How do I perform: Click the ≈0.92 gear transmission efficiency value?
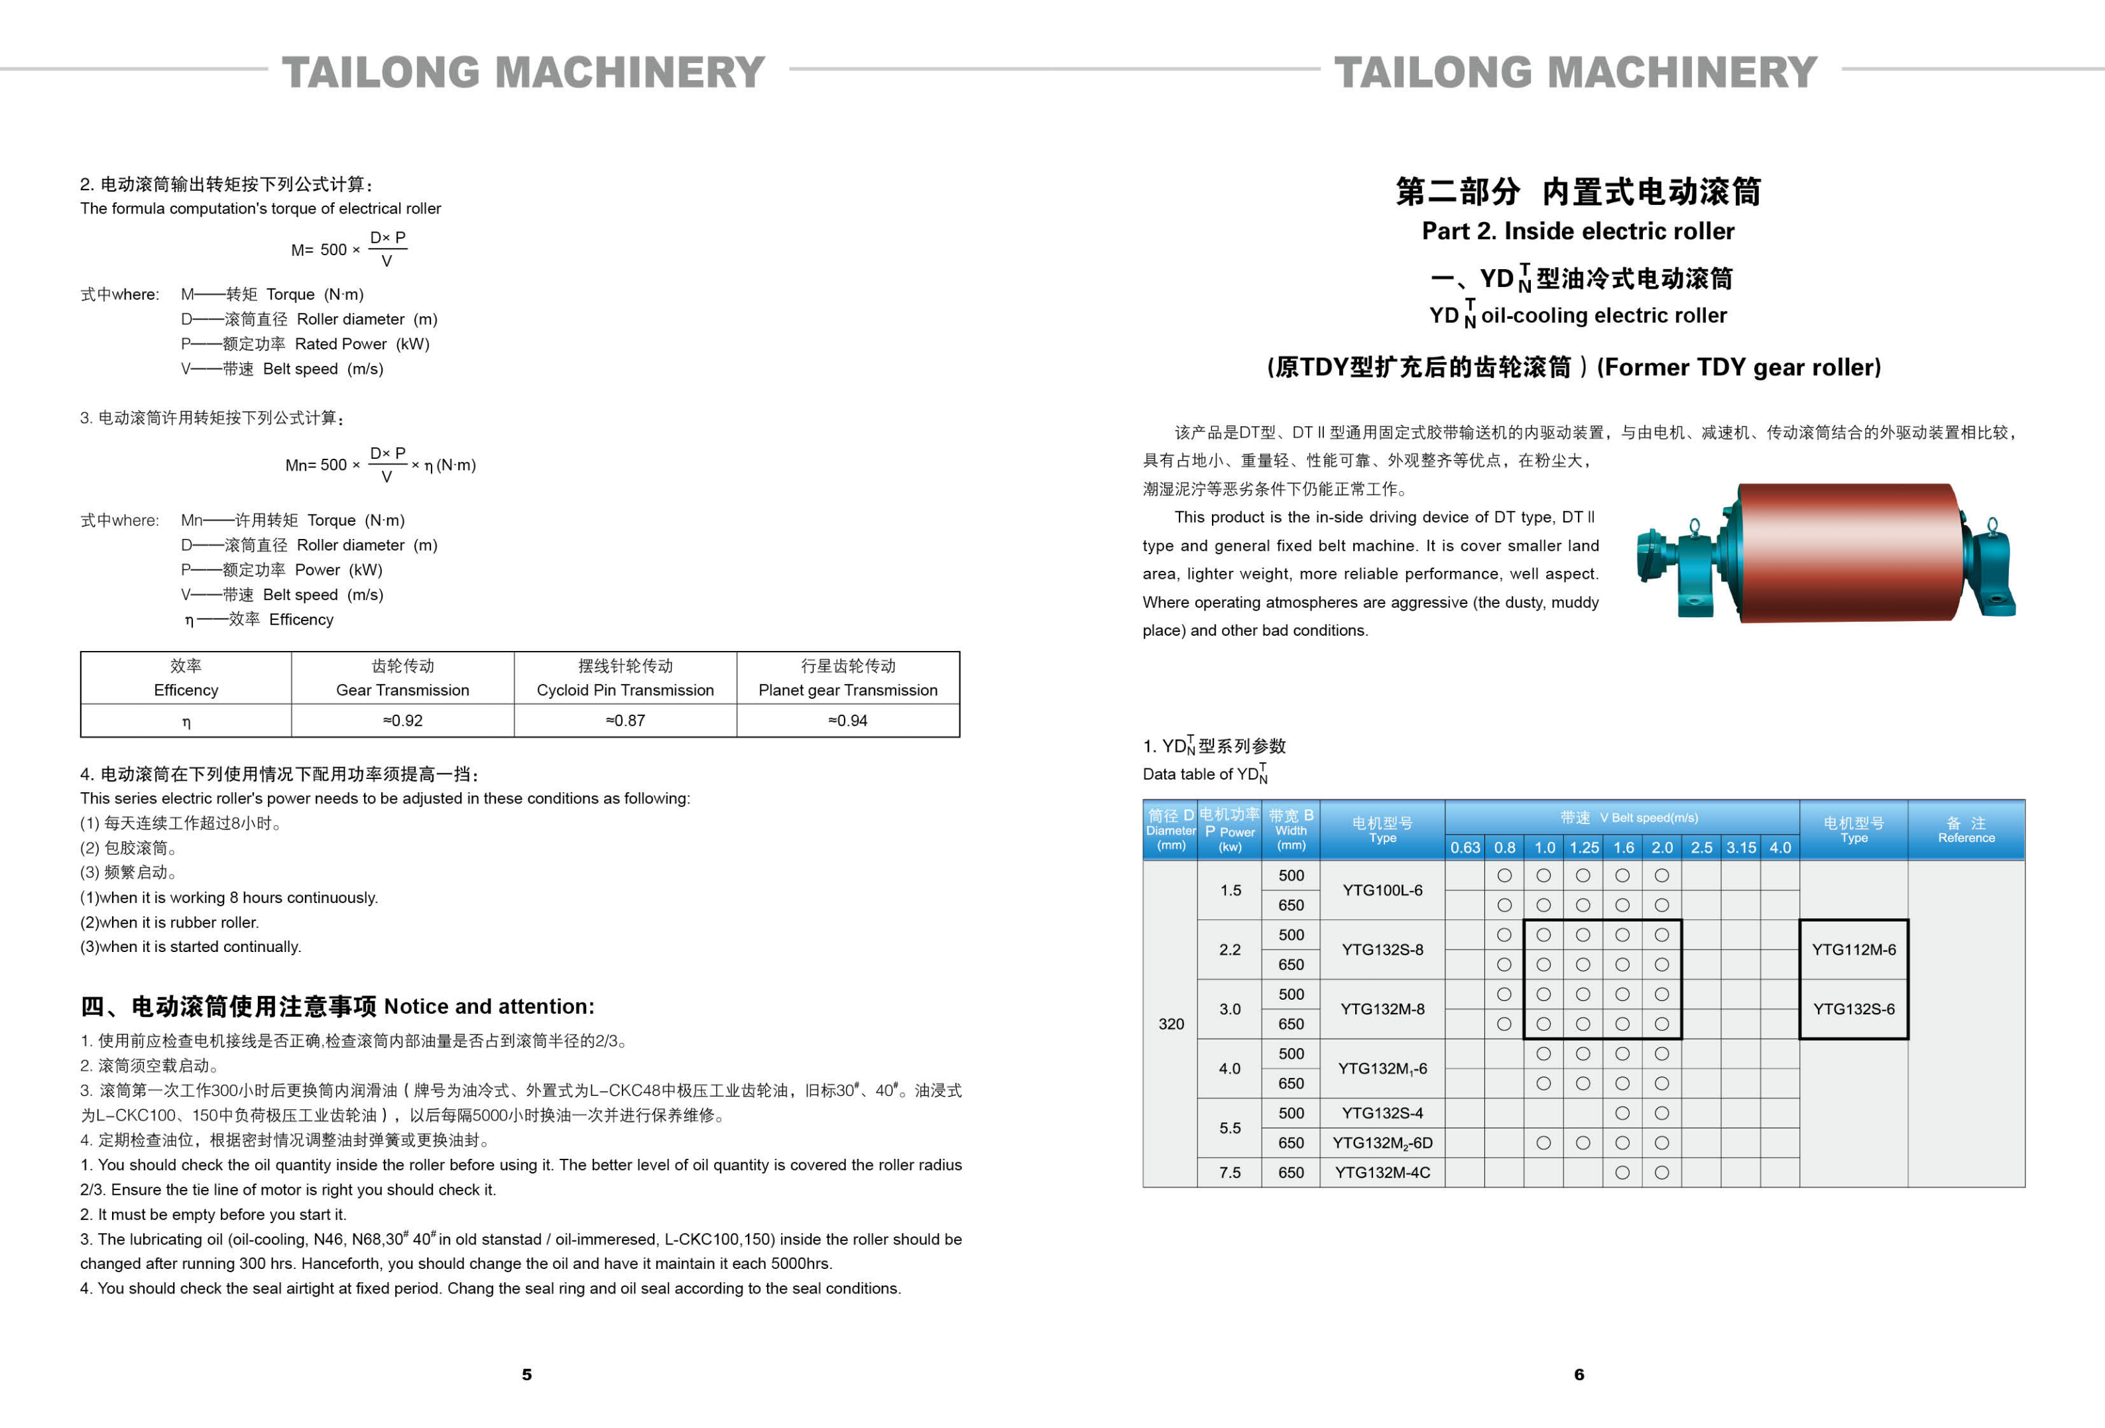[x=402, y=721]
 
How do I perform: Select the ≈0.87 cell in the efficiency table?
[x=625, y=721]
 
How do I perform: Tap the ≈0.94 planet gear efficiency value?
[x=848, y=721]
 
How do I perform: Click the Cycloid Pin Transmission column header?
[x=625, y=678]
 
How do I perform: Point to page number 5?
[x=526, y=1374]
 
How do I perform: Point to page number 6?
[x=1579, y=1374]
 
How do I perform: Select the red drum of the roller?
[x=1848, y=552]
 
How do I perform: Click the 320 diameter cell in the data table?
[x=1170, y=1024]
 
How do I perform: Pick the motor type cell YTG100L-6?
[x=1382, y=890]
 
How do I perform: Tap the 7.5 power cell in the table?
[x=1229, y=1173]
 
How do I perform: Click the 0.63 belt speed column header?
[x=1465, y=847]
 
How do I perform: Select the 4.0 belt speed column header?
[x=1780, y=847]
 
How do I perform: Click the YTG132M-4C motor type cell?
[x=1382, y=1173]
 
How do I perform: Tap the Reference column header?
[x=1966, y=829]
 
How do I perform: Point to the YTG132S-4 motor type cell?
[x=1382, y=1113]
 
